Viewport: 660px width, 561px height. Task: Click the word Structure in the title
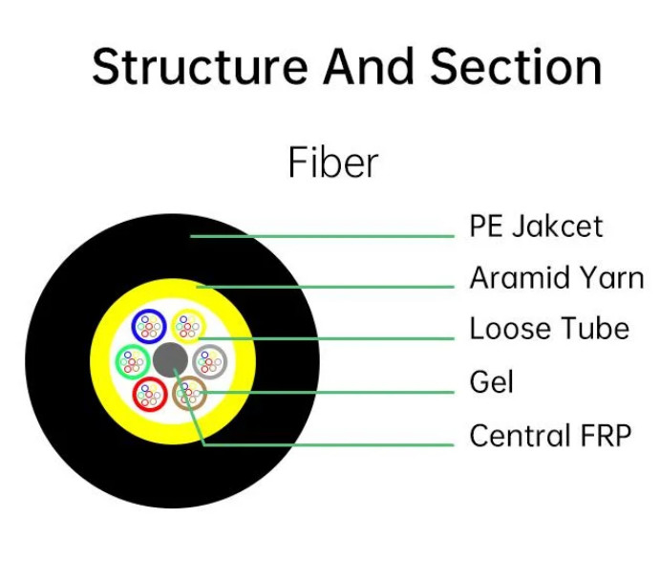(x=200, y=67)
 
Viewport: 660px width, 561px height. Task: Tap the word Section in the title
(x=516, y=67)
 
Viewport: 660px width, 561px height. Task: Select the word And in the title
(x=369, y=66)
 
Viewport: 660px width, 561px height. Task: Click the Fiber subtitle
(x=333, y=162)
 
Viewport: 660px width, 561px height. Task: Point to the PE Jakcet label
(x=536, y=227)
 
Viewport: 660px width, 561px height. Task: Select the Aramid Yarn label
(x=557, y=277)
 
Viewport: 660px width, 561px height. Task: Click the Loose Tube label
(x=549, y=329)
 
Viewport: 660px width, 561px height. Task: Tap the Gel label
(x=491, y=381)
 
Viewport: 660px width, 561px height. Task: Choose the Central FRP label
(x=550, y=435)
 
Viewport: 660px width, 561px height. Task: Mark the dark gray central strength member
(x=170, y=360)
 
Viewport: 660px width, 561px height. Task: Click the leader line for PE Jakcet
(x=322, y=236)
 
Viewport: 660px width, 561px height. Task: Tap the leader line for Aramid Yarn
(x=325, y=288)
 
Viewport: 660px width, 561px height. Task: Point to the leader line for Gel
(x=328, y=392)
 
